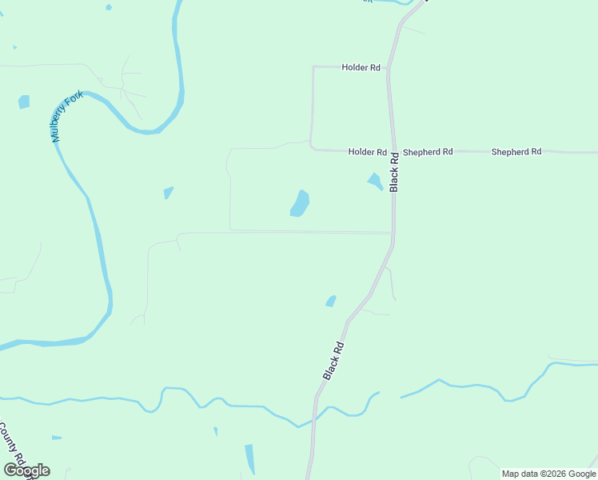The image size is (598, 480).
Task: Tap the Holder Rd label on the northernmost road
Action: (361, 68)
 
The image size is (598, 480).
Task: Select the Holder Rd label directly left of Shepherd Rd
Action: (368, 152)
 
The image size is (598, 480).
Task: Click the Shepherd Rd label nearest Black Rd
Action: (428, 152)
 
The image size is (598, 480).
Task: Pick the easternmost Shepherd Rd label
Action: (516, 152)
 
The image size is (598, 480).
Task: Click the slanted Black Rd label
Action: (334, 361)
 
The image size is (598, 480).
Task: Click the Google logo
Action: (26, 470)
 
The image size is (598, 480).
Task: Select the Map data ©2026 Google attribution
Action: (548, 474)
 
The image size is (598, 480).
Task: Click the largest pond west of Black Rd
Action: (300, 203)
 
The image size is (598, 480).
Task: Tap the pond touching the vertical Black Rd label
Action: (375, 182)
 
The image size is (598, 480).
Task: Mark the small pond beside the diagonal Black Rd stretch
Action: (330, 301)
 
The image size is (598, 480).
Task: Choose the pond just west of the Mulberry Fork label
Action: (24, 102)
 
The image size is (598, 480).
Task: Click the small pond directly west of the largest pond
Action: (168, 193)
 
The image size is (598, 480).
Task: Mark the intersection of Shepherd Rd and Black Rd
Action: (392, 150)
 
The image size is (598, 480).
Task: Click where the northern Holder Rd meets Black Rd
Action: (389, 68)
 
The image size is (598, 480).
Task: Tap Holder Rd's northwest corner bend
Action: (313, 67)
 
